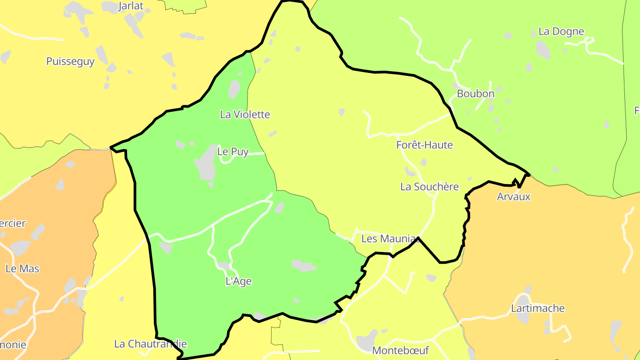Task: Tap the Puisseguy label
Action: (x=70, y=61)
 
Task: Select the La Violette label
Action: (x=245, y=114)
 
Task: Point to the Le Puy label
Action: (x=232, y=152)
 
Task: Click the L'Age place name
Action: (x=239, y=281)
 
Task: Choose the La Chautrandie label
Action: (x=151, y=344)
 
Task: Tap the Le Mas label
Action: (x=22, y=268)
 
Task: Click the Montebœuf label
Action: (x=400, y=350)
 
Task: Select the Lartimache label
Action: (x=538, y=308)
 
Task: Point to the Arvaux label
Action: (x=514, y=196)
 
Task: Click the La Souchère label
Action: (x=429, y=187)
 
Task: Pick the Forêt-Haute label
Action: (x=424, y=145)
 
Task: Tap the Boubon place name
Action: (x=476, y=94)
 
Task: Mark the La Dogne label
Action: (x=561, y=31)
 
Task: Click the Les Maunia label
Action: (x=388, y=239)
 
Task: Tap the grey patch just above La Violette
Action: (x=234, y=89)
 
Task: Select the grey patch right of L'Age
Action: (x=304, y=266)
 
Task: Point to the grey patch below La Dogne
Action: (x=543, y=49)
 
